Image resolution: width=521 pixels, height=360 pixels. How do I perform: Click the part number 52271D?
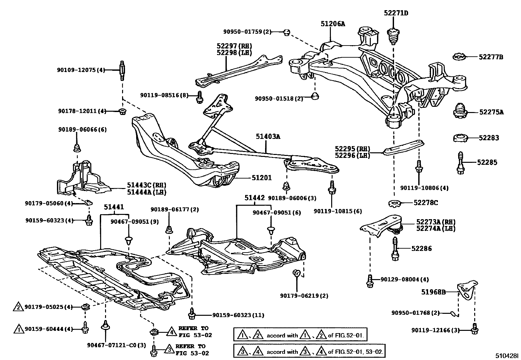[x=396, y=13]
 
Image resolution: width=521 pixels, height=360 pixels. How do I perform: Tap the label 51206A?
[x=333, y=24]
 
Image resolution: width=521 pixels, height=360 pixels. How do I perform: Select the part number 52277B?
[x=491, y=57]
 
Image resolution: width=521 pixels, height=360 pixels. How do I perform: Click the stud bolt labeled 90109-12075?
[x=122, y=70]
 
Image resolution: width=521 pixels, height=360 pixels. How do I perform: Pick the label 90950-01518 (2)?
[x=279, y=99]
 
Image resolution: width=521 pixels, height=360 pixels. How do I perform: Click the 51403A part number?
[x=268, y=137]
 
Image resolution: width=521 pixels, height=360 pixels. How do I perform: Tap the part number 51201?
[x=262, y=178]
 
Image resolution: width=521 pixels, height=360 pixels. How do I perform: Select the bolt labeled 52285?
[x=461, y=163]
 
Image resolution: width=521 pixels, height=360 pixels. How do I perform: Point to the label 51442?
[x=255, y=198]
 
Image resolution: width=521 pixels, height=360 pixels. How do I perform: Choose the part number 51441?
[x=114, y=207]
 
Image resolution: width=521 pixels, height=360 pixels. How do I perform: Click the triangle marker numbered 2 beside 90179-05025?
[x=18, y=307]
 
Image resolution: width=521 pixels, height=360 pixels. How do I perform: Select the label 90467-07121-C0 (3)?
[x=116, y=345]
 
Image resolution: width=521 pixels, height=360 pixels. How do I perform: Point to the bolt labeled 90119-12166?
[x=475, y=329]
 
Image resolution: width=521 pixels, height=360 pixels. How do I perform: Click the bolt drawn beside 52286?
[x=395, y=249]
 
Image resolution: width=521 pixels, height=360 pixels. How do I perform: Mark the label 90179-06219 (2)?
[x=304, y=296]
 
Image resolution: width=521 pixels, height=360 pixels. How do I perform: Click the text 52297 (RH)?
[x=234, y=46]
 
